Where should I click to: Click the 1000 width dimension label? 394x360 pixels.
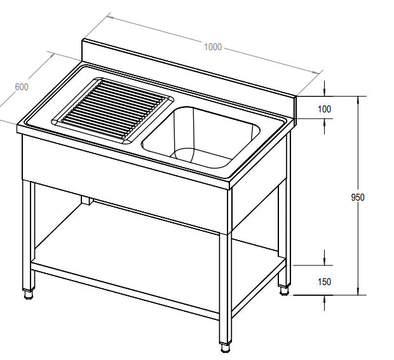coord(213,46)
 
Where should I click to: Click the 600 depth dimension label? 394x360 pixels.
coord(21,87)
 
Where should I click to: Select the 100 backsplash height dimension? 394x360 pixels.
coord(324,109)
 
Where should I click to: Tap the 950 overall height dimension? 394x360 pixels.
coord(358,197)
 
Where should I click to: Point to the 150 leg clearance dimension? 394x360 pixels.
coord(324,281)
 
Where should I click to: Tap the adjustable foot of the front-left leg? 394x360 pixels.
coord(28,293)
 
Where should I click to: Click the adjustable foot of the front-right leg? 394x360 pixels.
coord(226,347)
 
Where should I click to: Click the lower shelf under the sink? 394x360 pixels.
coord(159,254)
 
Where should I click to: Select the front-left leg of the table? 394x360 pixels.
coord(28,235)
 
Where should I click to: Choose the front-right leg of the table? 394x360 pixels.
coord(226,286)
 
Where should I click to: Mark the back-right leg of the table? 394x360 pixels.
coord(288,210)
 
